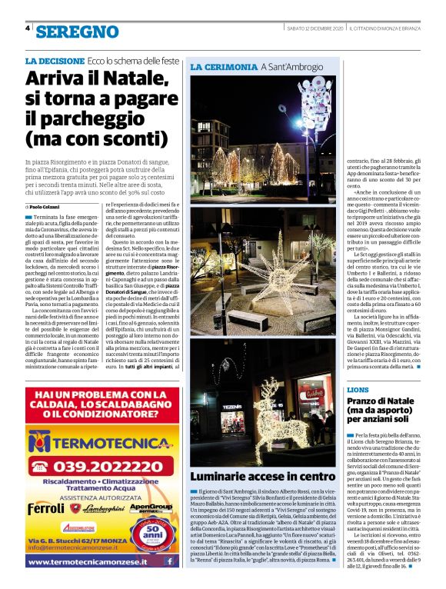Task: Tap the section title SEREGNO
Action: [77, 32]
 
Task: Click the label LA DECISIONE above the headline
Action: [54, 61]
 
